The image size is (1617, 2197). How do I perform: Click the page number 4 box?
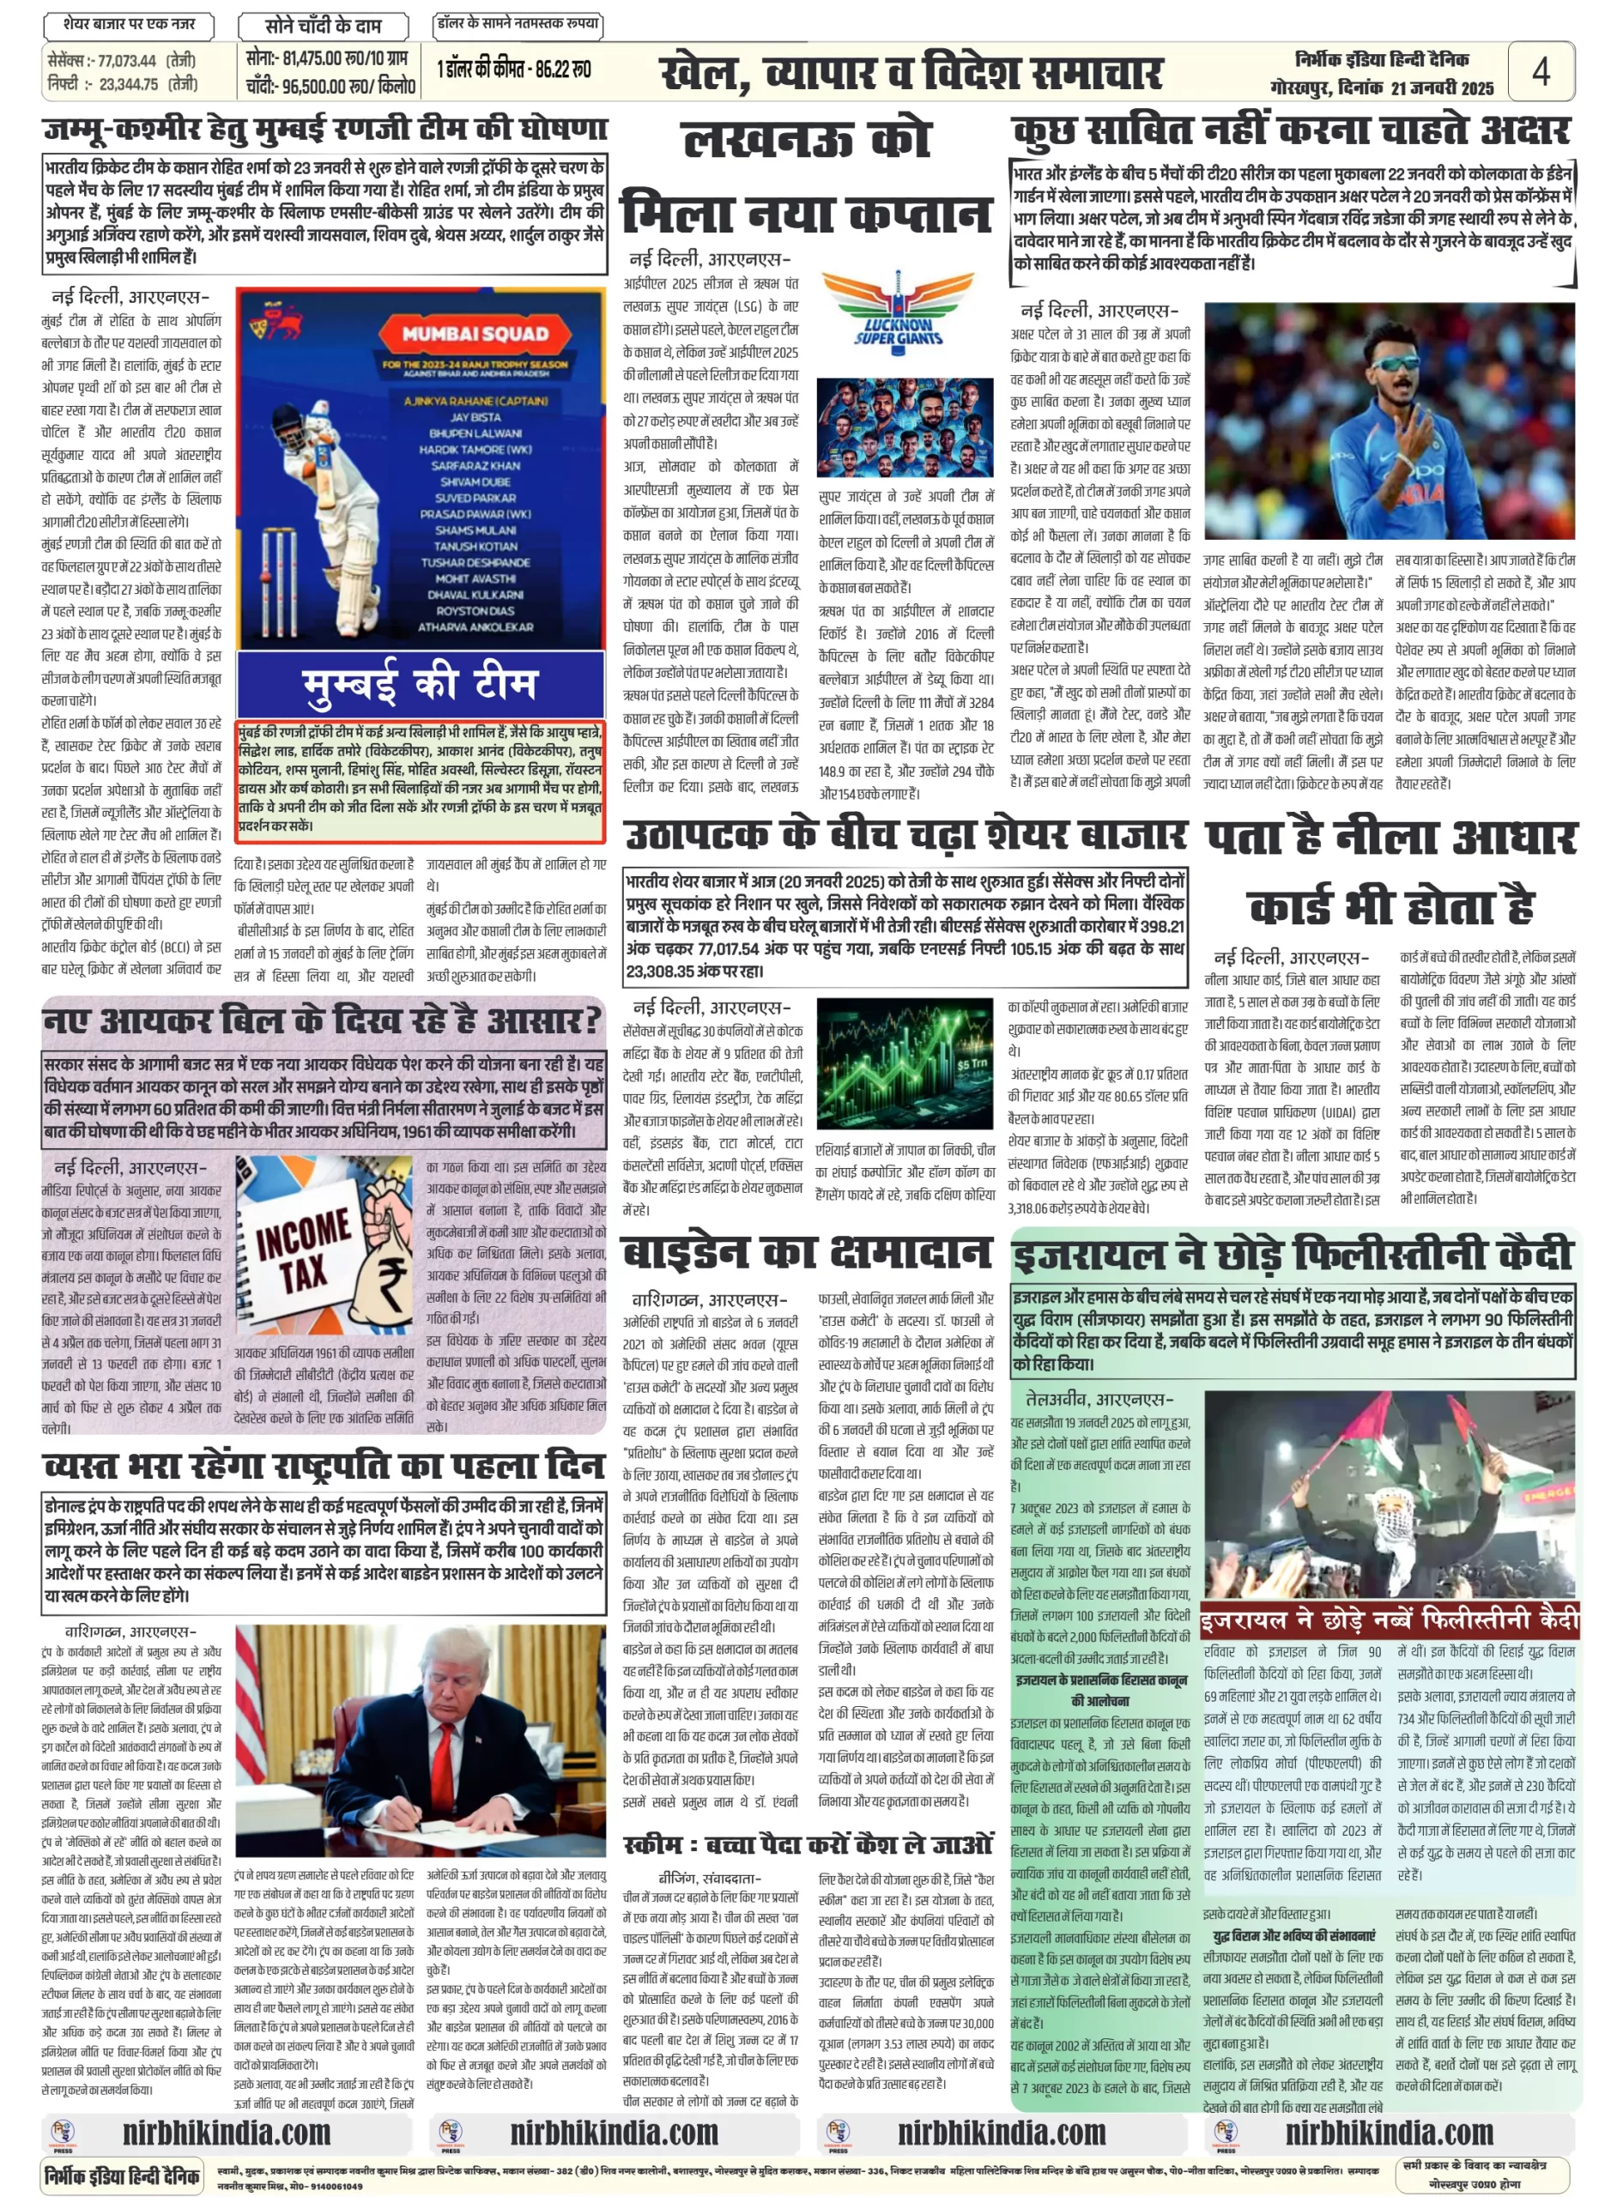tap(1540, 71)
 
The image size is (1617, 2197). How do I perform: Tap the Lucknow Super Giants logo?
tap(897, 309)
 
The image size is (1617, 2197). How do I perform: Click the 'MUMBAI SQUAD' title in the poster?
tap(475, 334)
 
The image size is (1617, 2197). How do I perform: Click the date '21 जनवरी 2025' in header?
tap(1442, 88)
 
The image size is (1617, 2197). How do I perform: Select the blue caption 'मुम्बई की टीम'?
tap(420, 682)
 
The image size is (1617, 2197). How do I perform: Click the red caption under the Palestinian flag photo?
tap(1389, 1619)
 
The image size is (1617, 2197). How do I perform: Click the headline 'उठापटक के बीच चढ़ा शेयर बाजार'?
tap(905, 835)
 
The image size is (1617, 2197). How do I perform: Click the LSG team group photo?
tap(905, 427)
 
